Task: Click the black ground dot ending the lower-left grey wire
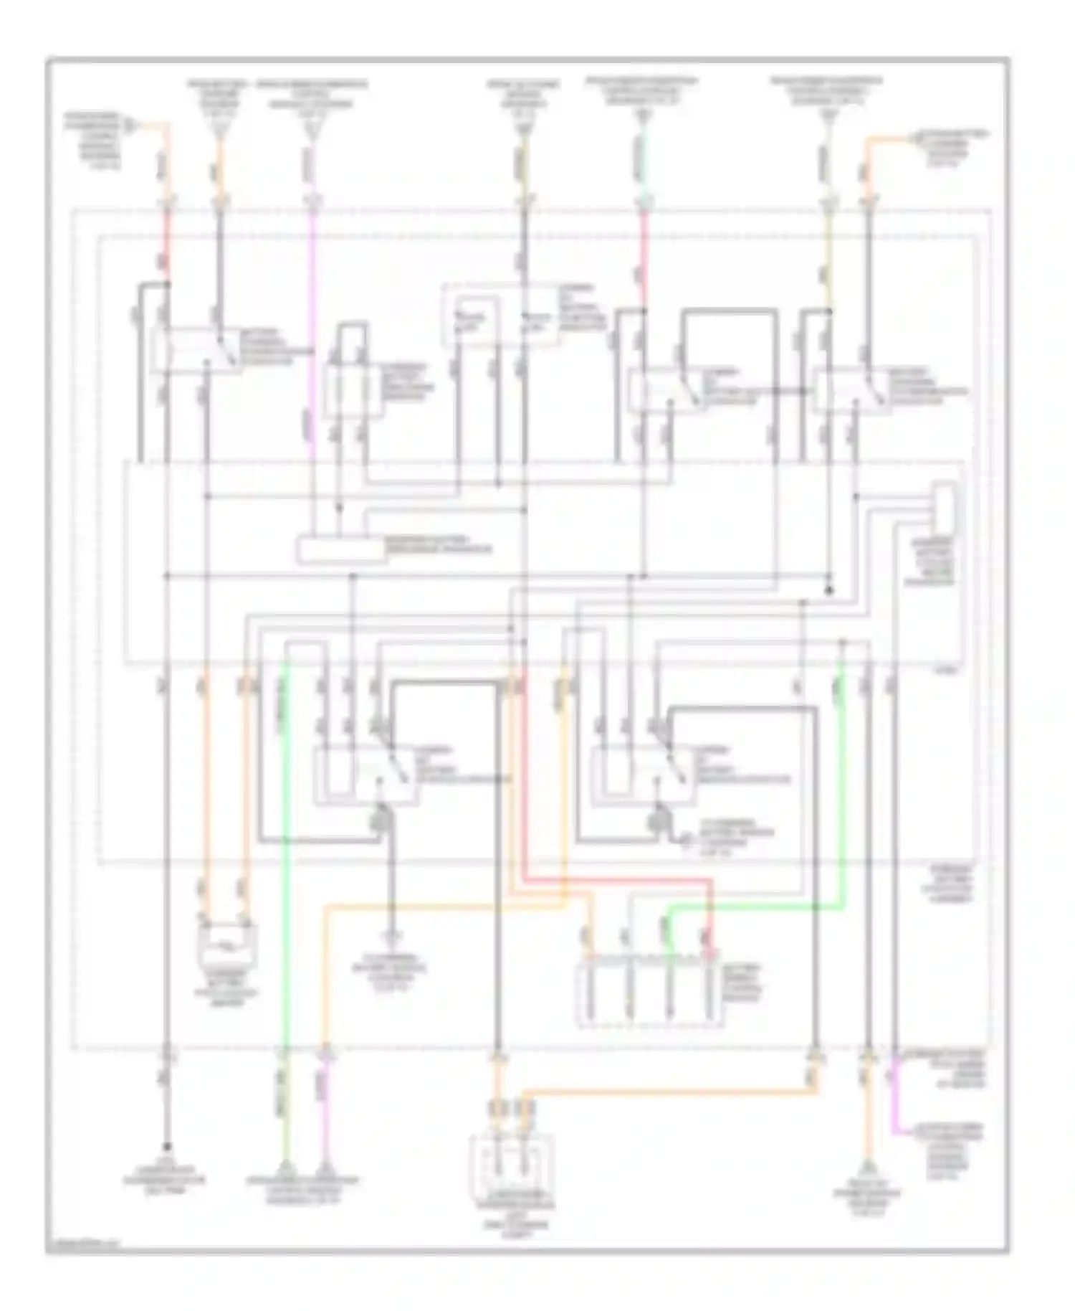pyautogui.click(x=167, y=1145)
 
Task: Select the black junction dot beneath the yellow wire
pyautogui.click(x=829, y=590)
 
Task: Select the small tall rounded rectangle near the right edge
pyautogui.click(x=944, y=506)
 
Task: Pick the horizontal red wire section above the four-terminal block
pyautogui.click(x=616, y=879)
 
